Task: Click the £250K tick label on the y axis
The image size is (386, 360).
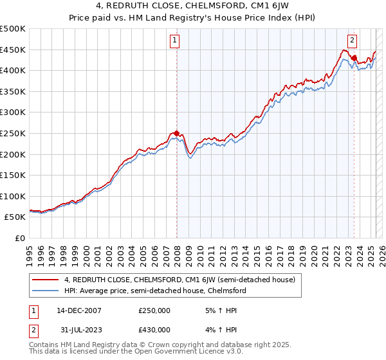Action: pyautogui.click(x=13, y=133)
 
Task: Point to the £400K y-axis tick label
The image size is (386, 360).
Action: pyautogui.click(x=13, y=70)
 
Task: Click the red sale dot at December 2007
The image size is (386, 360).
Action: pyautogui.click(x=177, y=133)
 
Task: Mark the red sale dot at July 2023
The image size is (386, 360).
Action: pyautogui.click(x=354, y=57)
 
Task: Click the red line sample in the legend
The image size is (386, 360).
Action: pyautogui.click(x=46, y=280)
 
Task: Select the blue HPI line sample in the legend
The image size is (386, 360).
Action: pyautogui.click(x=46, y=291)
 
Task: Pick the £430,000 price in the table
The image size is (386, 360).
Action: pyautogui.click(x=154, y=330)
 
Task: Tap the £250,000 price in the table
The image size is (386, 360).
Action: pyautogui.click(x=154, y=310)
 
